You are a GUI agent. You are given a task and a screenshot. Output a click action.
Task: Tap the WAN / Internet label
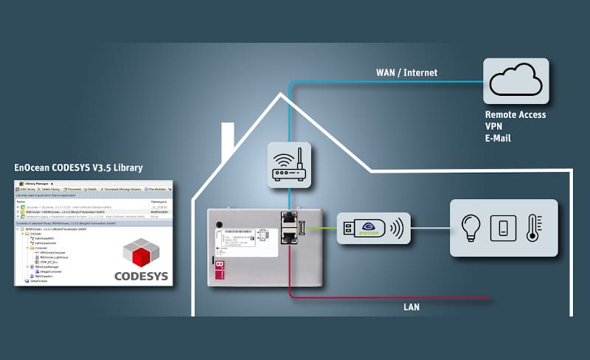(407, 72)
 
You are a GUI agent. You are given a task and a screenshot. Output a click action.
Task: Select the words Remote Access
(516, 115)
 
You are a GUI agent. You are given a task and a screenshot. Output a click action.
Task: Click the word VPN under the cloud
(494, 126)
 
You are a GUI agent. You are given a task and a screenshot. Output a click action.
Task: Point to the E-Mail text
(498, 138)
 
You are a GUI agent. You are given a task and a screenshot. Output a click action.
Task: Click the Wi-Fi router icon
(290, 165)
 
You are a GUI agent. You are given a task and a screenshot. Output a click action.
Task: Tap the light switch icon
(503, 227)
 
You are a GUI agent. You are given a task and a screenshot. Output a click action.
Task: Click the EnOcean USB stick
(362, 227)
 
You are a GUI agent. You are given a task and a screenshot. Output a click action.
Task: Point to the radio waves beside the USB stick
(399, 227)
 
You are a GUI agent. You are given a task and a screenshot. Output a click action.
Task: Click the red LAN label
(412, 305)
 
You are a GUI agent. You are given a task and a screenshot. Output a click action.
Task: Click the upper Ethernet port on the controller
(288, 220)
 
